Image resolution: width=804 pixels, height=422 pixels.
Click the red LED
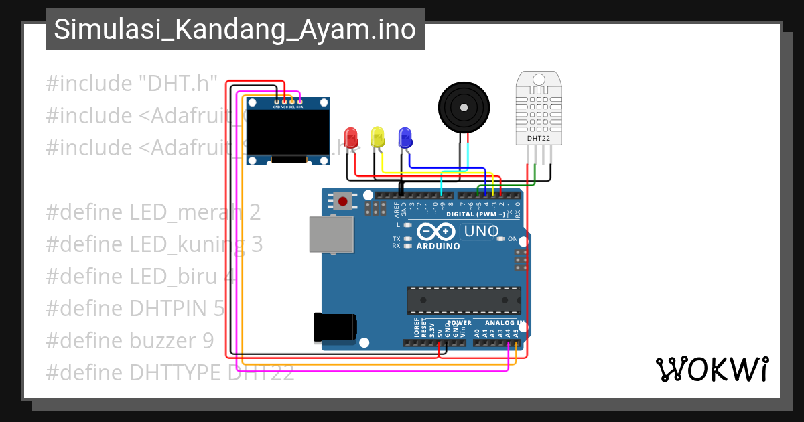pos(350,137)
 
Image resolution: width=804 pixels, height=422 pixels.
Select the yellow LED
pos(378,137)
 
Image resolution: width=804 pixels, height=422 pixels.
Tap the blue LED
pos(405,137)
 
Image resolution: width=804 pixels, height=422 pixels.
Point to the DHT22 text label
pos(538,139)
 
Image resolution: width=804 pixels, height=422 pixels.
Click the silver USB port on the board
pos(330,234)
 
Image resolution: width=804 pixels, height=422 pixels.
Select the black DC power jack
pos(335,328)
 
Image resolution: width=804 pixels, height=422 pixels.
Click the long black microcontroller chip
pos(463,299)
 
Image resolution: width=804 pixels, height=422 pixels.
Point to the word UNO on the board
pos(479,232)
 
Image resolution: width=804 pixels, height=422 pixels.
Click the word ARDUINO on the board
pos(438,246)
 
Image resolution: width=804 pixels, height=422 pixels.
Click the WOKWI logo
pos(712,369)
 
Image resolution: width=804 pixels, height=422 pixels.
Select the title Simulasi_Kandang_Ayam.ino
pos(234,29)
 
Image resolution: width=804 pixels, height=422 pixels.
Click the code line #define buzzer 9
pos(130,341)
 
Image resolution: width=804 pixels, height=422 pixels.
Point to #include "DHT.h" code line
pos(132,84)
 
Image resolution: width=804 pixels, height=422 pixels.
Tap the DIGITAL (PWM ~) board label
pos(475,214)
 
